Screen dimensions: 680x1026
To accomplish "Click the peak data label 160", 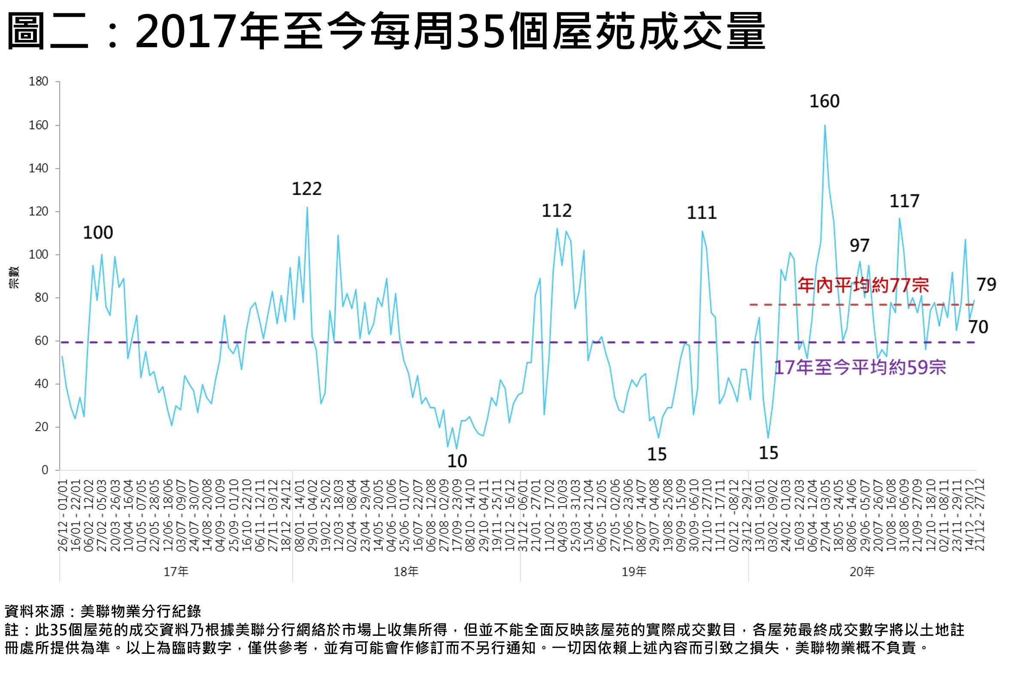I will tap(824, 102).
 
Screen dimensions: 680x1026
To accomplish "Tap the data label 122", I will tap(306, 189).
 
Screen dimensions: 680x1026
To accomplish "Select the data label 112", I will tap(557, 211).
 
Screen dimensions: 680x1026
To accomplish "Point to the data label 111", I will tap(701, 213).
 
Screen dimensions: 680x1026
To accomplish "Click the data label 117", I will tap(904, 201).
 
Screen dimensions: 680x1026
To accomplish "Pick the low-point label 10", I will tap(457, 462).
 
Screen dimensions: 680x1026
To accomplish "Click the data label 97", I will tap(859, 246).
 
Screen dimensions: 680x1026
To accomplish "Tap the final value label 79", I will tap(986, 285).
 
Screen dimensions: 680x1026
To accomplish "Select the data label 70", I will tap(978, 327).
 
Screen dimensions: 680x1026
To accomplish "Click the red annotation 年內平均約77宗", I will tap(863, 285).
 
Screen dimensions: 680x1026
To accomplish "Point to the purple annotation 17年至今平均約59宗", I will tap(860, 368).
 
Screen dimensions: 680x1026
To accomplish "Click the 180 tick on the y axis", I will tap(38, 82).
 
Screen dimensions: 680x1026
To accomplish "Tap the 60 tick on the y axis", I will tap(41, 341).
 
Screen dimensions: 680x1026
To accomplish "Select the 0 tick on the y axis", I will tap(45, 470).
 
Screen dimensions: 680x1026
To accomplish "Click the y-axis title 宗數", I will tap(14, 278).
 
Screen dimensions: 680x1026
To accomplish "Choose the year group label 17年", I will tap(176, 572).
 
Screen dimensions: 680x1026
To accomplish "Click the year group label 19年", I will tap(633, 572).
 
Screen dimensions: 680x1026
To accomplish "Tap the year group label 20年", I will tap(862, 572).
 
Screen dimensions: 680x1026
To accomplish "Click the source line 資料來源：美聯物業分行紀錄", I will tap(103, 611).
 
